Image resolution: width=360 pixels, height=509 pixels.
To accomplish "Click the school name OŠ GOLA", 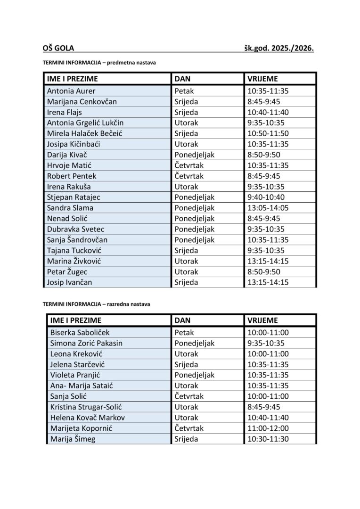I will pos(58,48).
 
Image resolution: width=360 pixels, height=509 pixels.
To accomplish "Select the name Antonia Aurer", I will pos(71,91).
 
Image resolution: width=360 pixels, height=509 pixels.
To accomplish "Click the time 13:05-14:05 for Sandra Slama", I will pos(268,208).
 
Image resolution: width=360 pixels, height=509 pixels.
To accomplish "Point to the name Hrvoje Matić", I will pos(69,165).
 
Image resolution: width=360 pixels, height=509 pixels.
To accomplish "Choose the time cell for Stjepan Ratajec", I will pos(268,197).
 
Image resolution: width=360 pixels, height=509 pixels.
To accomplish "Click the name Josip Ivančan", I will pos(69,282).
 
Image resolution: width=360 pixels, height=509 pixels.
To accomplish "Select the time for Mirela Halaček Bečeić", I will pos(268,133).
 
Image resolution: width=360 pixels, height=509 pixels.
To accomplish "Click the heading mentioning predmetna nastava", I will pos(99,62).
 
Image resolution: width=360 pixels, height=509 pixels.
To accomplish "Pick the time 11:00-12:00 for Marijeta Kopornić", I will pos(268,428).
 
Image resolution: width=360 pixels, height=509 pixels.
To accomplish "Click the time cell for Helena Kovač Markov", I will pos(268,418).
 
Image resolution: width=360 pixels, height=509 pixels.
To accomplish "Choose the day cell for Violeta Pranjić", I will pos(194,375).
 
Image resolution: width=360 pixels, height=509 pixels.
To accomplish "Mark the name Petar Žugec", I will pos(67,271).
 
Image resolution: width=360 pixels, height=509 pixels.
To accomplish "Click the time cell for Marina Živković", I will pos(268,261).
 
